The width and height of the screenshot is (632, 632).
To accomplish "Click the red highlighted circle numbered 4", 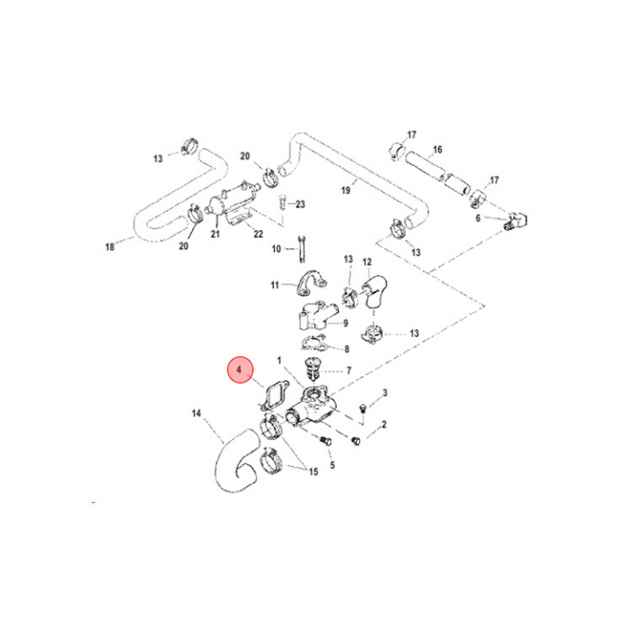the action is [241, 370].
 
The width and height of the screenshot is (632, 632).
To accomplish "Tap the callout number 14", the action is [197, 413].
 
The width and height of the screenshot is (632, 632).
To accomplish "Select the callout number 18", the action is [110, 247].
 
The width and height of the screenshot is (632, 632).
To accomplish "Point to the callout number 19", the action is [346, 190].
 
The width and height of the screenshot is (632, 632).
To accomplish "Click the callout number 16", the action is [437, 150].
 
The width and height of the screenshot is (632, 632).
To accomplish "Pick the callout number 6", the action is [478, 218].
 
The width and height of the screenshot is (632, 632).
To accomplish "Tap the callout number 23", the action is [300, 205].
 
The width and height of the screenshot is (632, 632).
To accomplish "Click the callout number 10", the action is [276, 249].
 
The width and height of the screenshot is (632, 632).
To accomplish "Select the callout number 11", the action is [275, 285].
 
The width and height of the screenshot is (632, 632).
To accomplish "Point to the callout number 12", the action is [367, 262].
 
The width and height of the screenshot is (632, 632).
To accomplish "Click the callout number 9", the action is [346, 323].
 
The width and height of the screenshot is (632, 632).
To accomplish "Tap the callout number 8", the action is [347, 349].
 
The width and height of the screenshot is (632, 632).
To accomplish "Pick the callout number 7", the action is [348, 370].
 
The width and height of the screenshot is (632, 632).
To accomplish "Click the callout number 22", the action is [258, 233].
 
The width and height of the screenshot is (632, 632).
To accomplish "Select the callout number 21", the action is [215, 233].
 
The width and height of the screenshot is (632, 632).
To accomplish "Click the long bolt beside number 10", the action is [302, 249].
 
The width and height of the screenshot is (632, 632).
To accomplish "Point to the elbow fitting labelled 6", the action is [517, 221].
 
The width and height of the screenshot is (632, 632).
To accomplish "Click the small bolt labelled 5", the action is [327, 441].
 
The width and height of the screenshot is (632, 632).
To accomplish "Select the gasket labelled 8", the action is [313, 342].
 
